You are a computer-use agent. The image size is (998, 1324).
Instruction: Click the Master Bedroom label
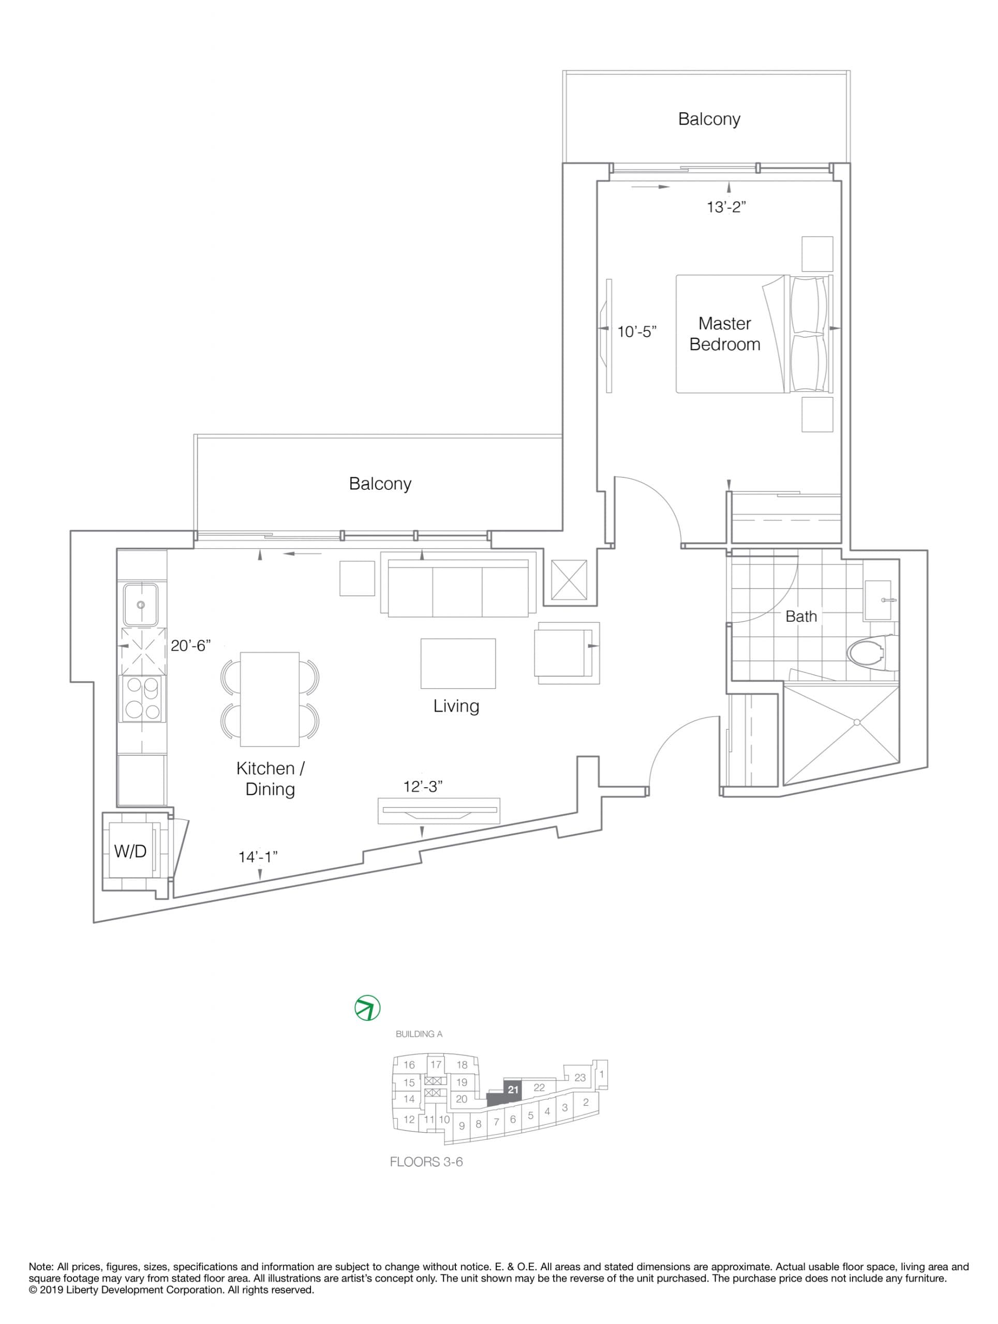(x=724, y=334)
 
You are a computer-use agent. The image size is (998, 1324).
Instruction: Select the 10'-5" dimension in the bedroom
(x=637, y=332)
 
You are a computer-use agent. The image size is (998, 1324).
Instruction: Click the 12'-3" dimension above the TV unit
(x=423, y=787)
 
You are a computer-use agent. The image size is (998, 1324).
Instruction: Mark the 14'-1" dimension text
(x=258, y=857)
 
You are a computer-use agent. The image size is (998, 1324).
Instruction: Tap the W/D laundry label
(x=130, y=851)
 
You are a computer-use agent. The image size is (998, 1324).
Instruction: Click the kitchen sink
(x=141, y=605)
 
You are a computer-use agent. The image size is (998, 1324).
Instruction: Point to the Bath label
(x=801, y=616)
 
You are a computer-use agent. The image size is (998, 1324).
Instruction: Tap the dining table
(x=270, y=699)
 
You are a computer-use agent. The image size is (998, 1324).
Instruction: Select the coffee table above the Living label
(x=458, y=663)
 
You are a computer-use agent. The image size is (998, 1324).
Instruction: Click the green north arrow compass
(x=367, y=1008)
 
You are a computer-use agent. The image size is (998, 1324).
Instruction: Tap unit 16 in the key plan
(x=409, y=1065)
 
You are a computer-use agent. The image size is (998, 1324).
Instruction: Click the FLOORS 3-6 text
(x=426, y=1162)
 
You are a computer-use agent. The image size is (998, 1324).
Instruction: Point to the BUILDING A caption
(x=419, y=1034)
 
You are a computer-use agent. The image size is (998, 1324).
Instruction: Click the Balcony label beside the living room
(x=380, y=484)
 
